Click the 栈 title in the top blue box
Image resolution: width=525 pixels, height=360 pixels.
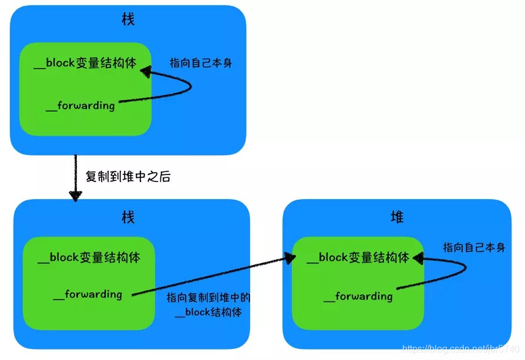127,20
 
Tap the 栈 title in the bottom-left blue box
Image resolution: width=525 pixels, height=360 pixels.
127,217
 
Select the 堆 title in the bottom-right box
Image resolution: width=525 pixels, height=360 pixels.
397,217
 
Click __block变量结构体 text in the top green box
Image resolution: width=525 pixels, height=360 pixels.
85,63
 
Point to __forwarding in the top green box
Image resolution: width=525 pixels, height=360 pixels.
80,106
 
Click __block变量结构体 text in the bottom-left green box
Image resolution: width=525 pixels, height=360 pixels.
89,257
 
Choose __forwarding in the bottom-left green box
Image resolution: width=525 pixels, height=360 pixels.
87,294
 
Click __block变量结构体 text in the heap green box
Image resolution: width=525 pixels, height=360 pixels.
358,257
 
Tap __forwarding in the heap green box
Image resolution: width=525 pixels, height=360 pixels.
358,296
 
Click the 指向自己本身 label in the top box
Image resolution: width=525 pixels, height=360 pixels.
201,63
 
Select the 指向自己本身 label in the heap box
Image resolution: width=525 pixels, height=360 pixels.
474,247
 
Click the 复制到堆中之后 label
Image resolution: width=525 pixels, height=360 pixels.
128,177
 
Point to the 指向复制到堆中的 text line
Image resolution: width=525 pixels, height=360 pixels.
208,297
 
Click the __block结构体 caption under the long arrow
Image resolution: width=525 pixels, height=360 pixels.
208,312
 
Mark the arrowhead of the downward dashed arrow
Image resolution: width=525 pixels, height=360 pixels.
75,196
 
